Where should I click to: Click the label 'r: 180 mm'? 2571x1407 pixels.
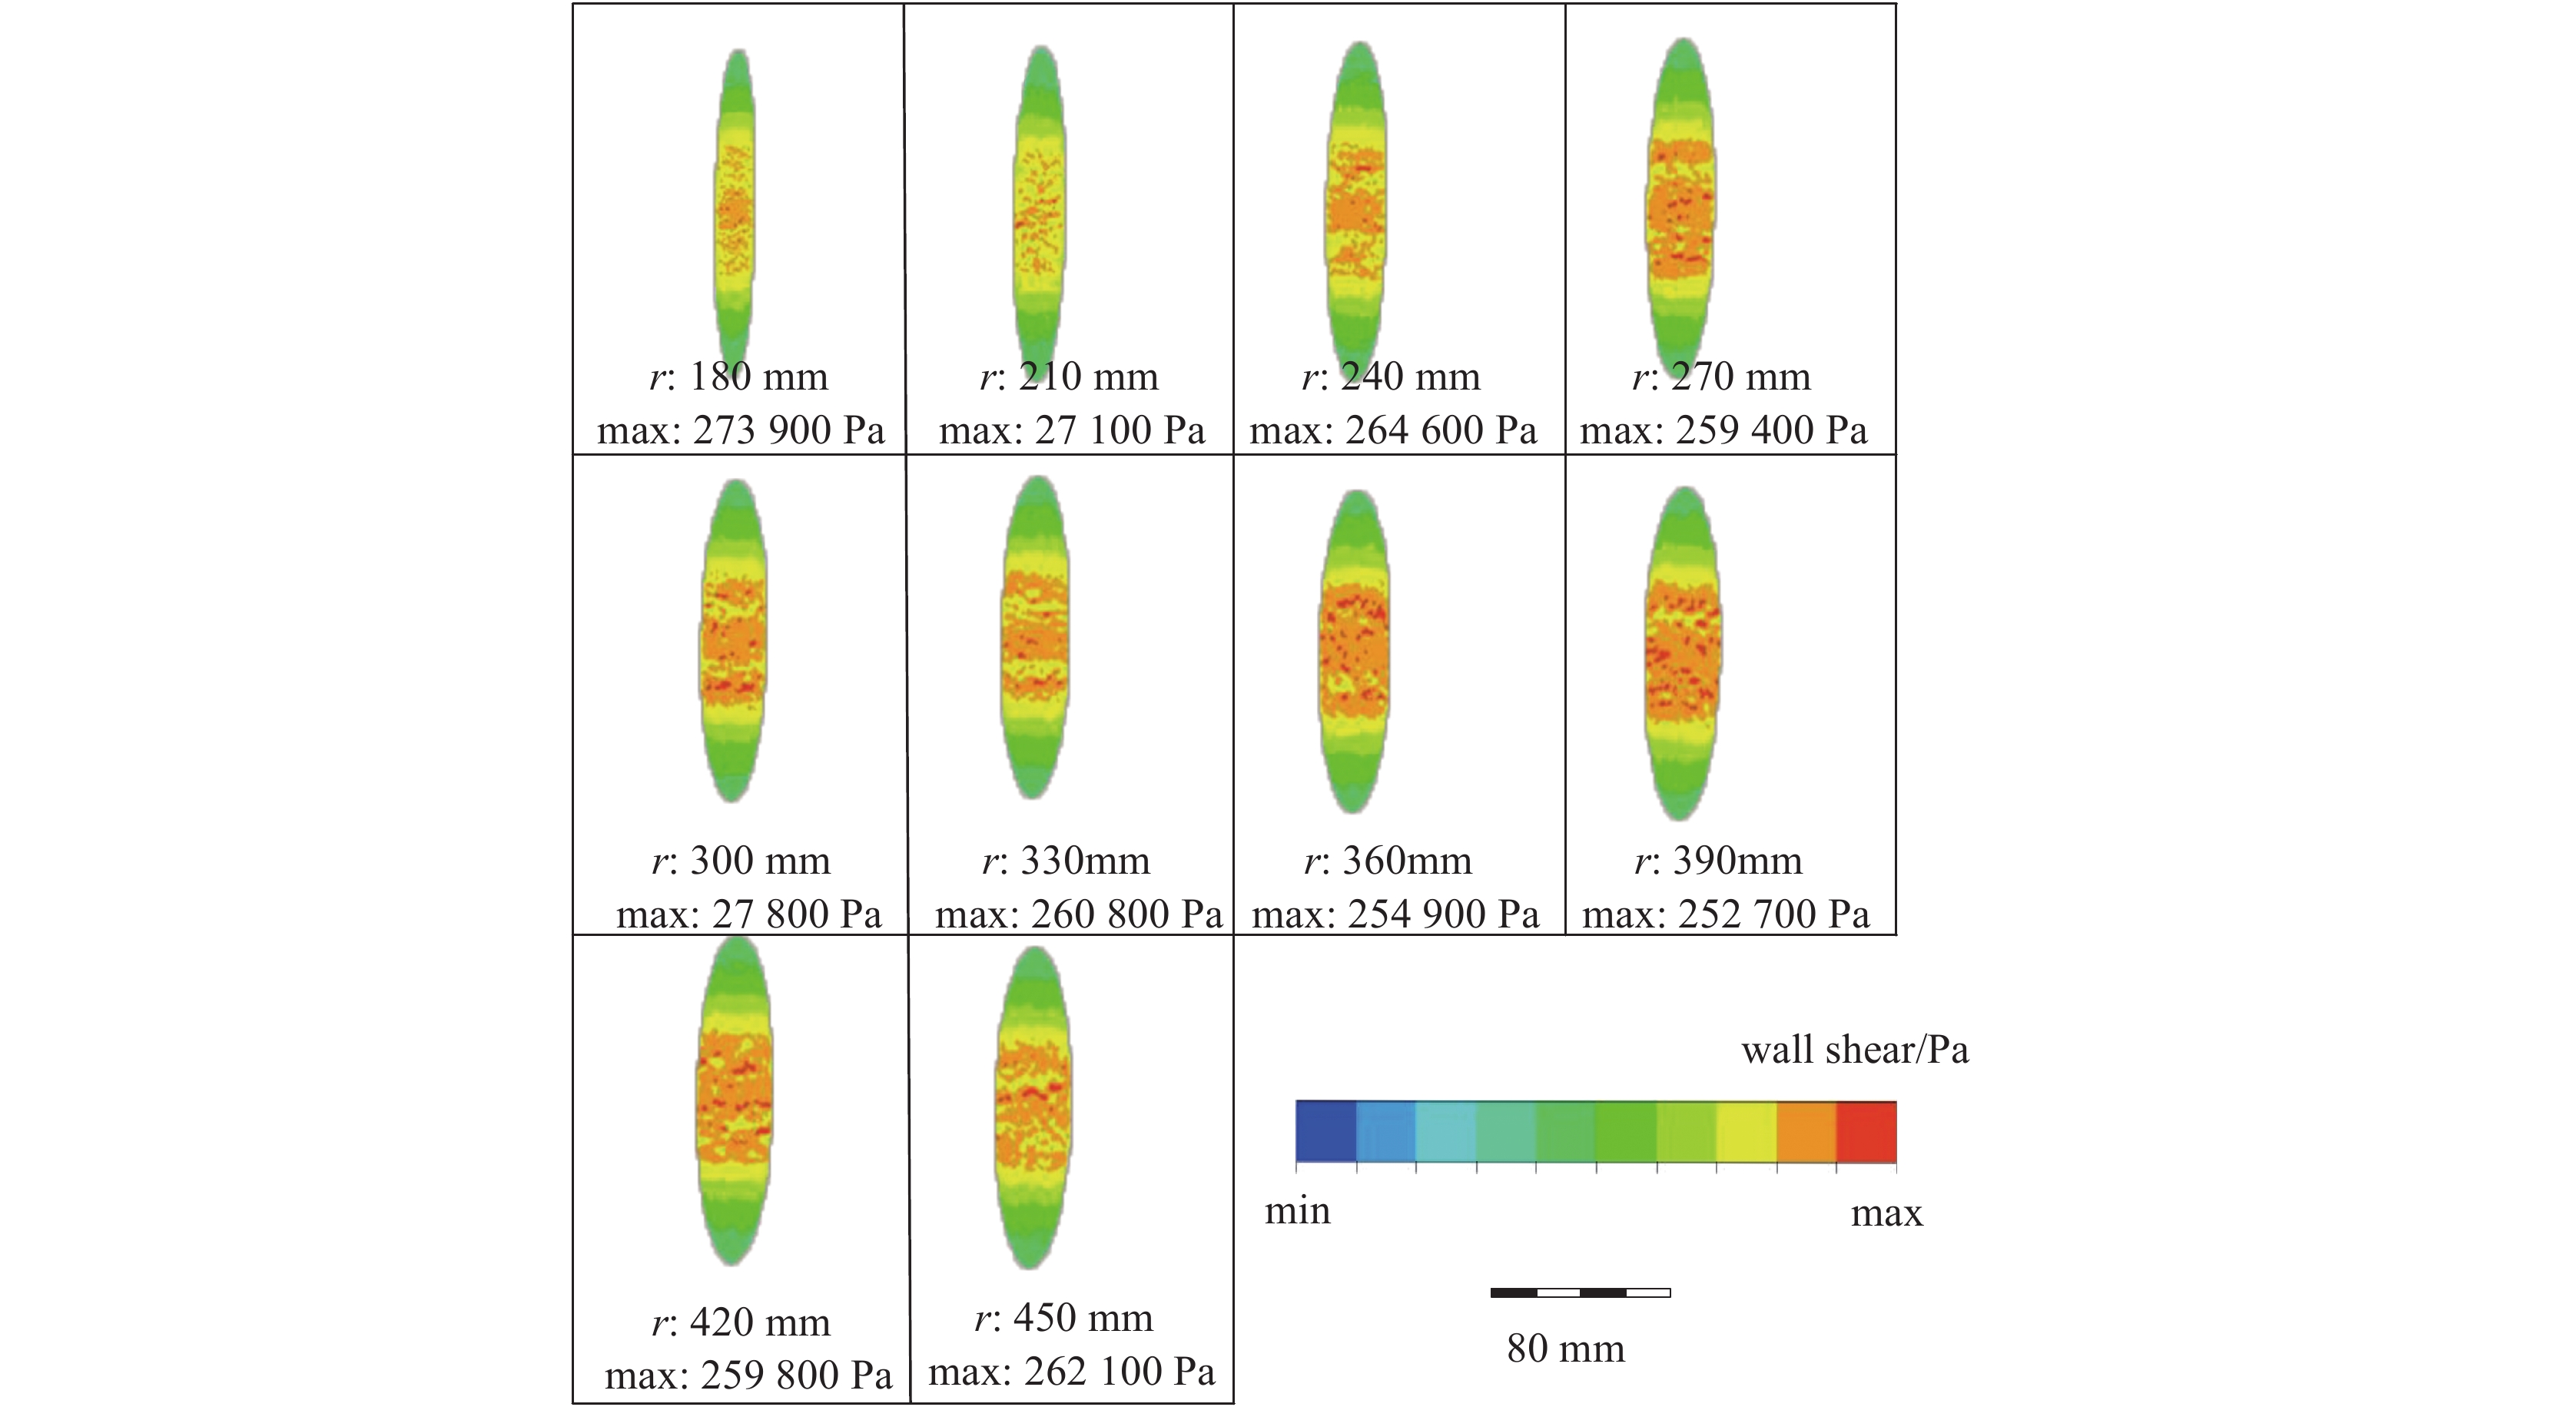(739, 377)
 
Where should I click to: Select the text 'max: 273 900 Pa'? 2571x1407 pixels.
(741, 430)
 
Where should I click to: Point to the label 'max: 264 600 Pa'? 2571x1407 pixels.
(1393, 430)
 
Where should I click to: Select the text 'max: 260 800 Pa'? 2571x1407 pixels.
(1078, 914)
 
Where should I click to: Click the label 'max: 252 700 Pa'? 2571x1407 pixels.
(1726, 914)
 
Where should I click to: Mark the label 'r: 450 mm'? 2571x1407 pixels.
(1064, 1318)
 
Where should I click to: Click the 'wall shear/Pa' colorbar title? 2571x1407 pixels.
(1854, 1050)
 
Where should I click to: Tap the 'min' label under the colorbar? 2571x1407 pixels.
(1298, 1211)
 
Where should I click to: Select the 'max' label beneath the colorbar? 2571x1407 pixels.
(1886, 1213)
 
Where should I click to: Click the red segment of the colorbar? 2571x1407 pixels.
(1866, 1133)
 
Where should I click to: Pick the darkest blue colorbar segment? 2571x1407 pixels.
(1326, 1133)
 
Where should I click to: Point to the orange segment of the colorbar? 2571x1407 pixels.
(1806, 1133)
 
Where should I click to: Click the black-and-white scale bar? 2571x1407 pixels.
(1580, 1293)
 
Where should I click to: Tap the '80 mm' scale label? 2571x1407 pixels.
(1566, 1349)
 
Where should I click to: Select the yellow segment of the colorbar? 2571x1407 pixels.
(1747, 1133)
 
